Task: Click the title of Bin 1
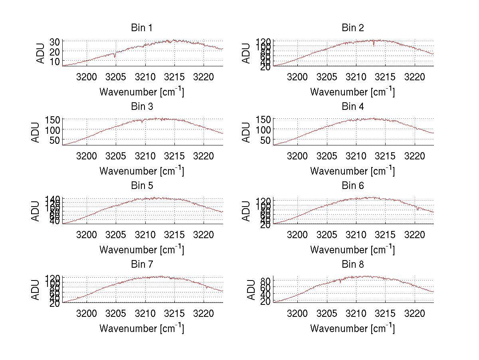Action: point(142,28)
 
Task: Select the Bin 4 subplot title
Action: point(353,107)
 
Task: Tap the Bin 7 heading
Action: point(142,265)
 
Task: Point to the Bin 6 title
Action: point(353,186)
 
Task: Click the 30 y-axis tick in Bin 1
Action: point(55,42)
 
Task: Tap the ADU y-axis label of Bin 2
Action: point(246,53)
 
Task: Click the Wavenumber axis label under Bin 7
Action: point(142,328)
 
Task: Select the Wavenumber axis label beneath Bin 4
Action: point(352,171)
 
